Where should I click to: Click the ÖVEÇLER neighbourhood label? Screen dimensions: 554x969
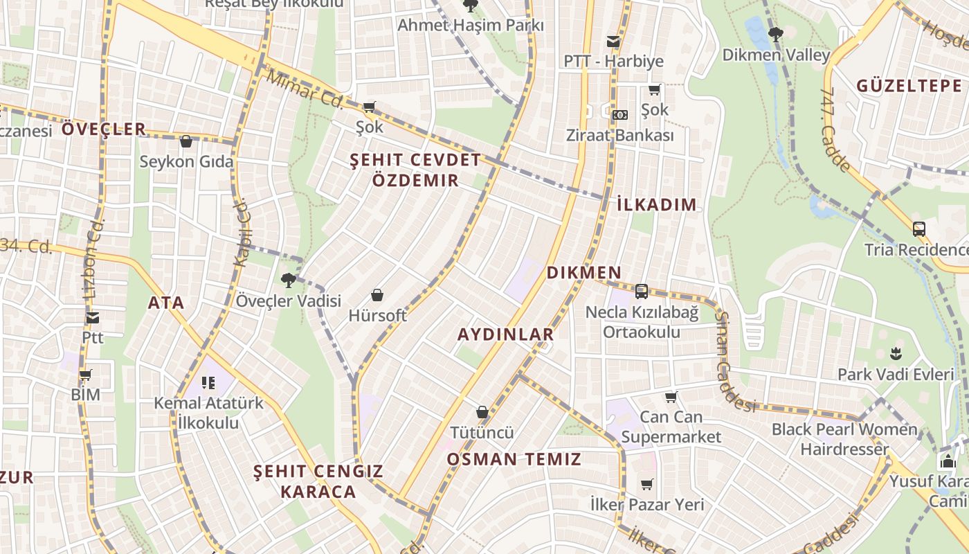click(104, 129)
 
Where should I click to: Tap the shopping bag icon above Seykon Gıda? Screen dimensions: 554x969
click(185, 142)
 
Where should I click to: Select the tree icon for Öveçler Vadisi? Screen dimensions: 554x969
click(288, 280)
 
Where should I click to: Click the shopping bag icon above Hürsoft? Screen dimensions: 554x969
click(377, 296)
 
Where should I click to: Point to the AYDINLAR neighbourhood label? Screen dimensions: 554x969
click(506, 334)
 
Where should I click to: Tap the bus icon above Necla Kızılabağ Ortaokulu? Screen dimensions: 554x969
click(642, 292)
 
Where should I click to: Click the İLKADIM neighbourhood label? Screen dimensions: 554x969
click(656, 204)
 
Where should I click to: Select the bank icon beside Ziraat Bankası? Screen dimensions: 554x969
click(620, 114)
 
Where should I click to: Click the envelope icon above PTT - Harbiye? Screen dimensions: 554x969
click(613, 42)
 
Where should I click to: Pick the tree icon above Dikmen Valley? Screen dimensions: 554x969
click(775, 34)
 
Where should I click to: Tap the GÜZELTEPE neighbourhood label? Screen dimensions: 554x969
click(909, 86)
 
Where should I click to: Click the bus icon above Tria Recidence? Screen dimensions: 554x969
click(919, 229)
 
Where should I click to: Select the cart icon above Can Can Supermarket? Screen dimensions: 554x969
click(671, 397)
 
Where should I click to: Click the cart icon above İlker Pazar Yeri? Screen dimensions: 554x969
click(646, 484)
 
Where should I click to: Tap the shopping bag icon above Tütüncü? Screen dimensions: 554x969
click(482, 412)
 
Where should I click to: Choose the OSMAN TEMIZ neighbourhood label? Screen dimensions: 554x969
click(514, 459)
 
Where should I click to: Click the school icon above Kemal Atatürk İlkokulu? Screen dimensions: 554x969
click(208, 382)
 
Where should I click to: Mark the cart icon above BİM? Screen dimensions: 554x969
click(86, 375)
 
